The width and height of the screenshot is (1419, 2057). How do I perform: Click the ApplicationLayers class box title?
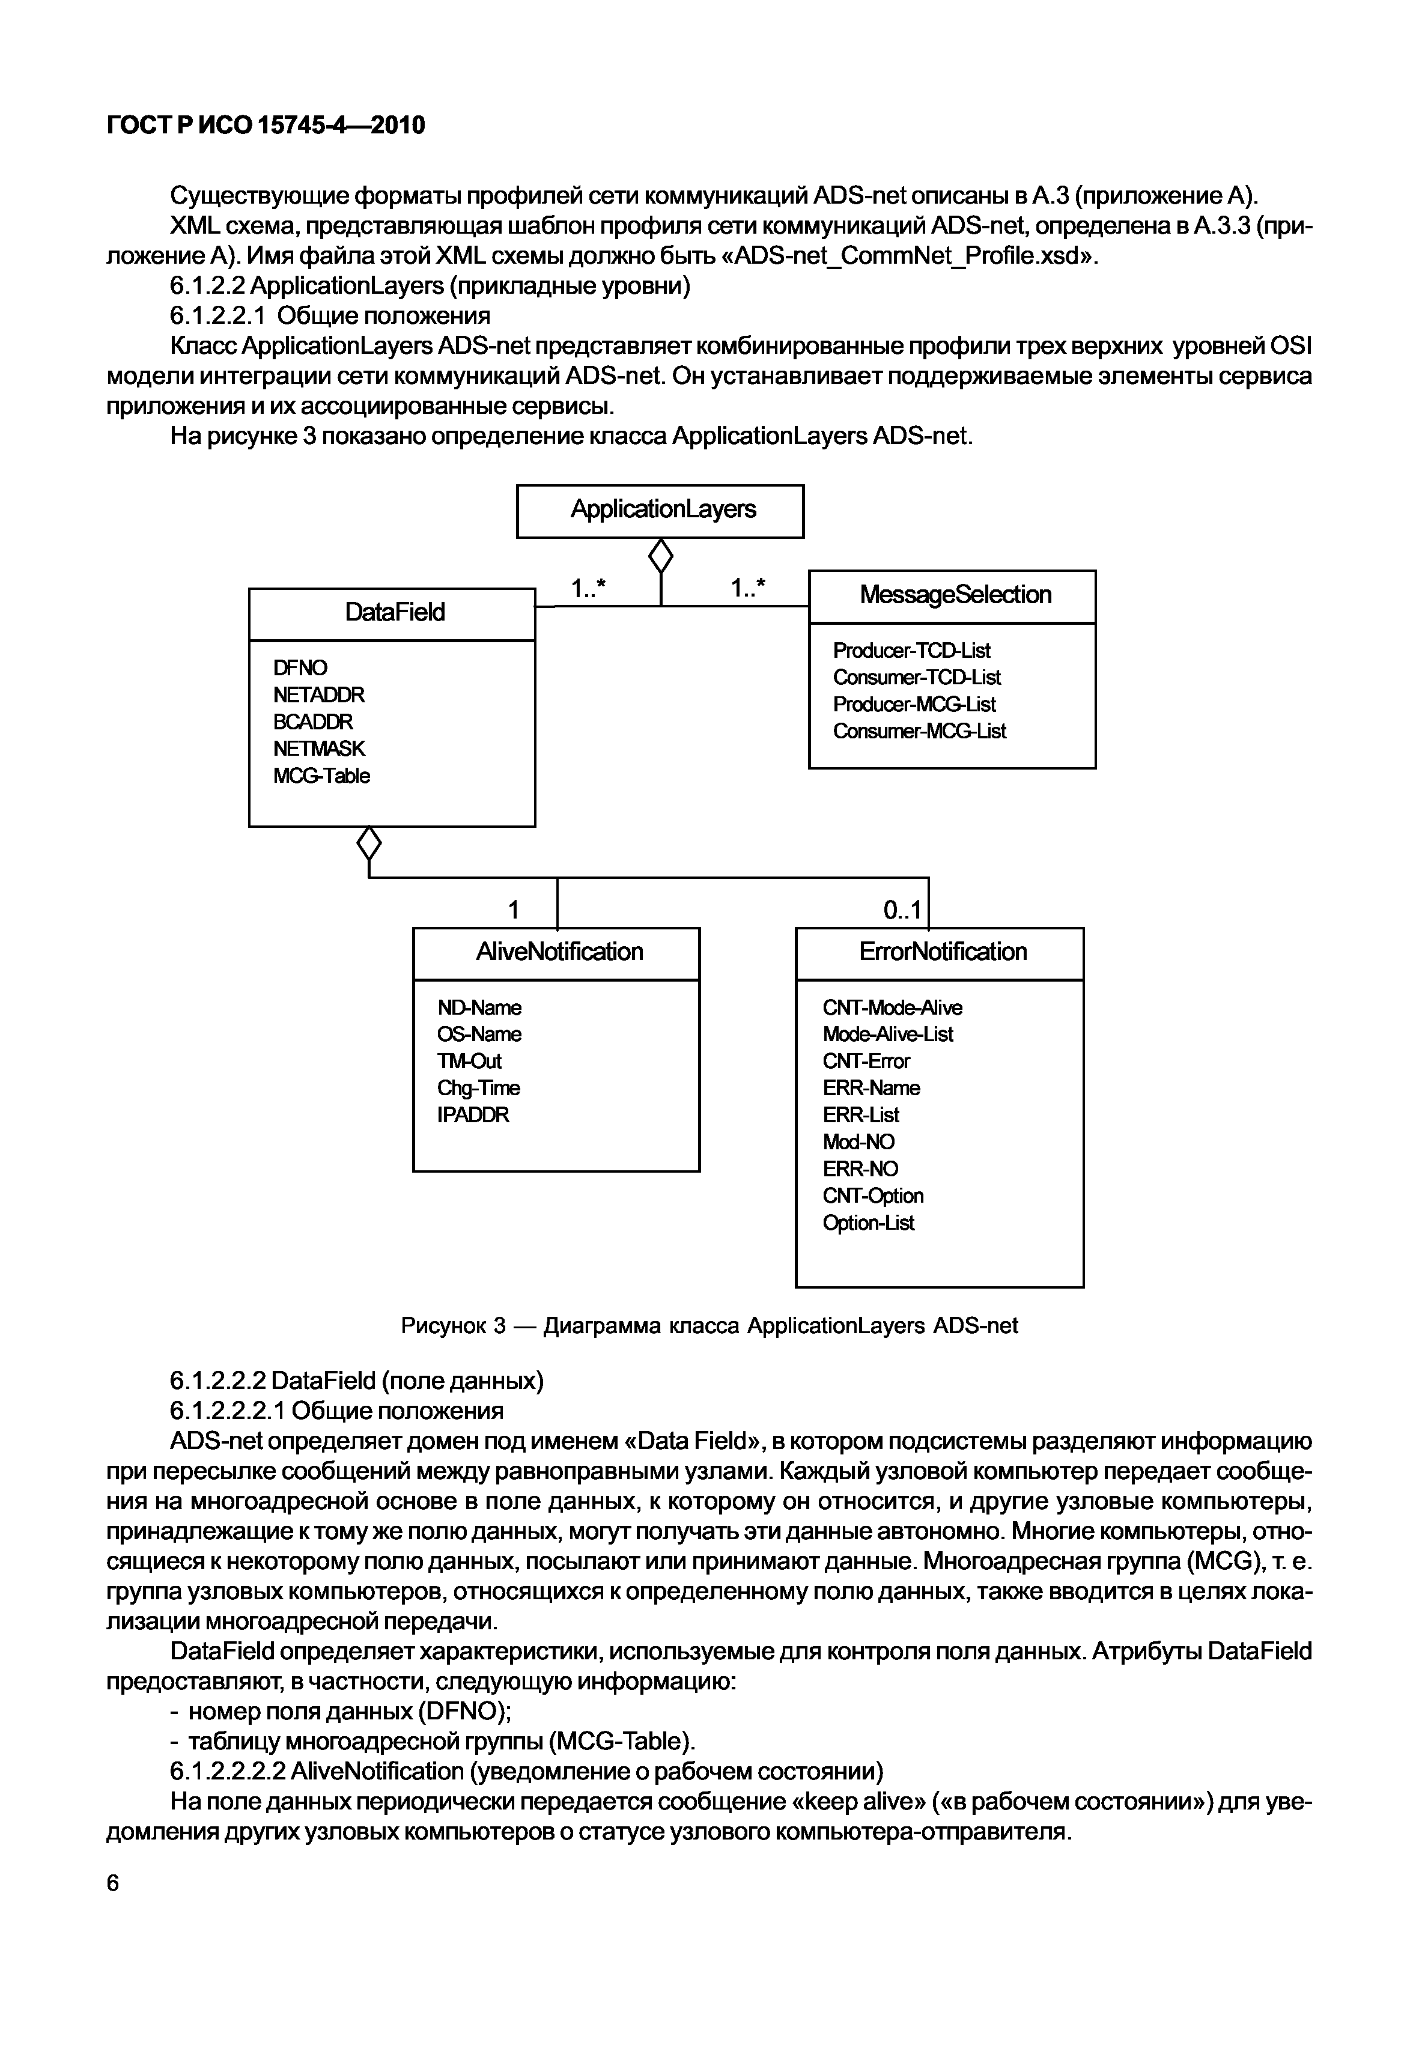[x=663, y=510]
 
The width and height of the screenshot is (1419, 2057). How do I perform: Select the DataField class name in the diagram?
[x=394, y=613]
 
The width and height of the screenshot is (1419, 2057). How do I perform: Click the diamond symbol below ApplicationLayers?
[x=661, y=558]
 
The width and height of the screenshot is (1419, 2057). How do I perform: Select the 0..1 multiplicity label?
[x=902, y=910]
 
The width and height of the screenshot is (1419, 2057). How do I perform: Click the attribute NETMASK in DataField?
[x=318, y=749]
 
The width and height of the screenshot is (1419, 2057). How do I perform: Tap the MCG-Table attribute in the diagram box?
[x=321, y=776]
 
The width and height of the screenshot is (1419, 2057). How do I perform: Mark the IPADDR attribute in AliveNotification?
[x=472, y=1115]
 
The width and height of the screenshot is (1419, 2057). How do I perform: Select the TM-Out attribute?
[x=469, y=1062]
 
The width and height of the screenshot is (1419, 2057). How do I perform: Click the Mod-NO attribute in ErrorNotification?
[x=858, y=1142]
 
